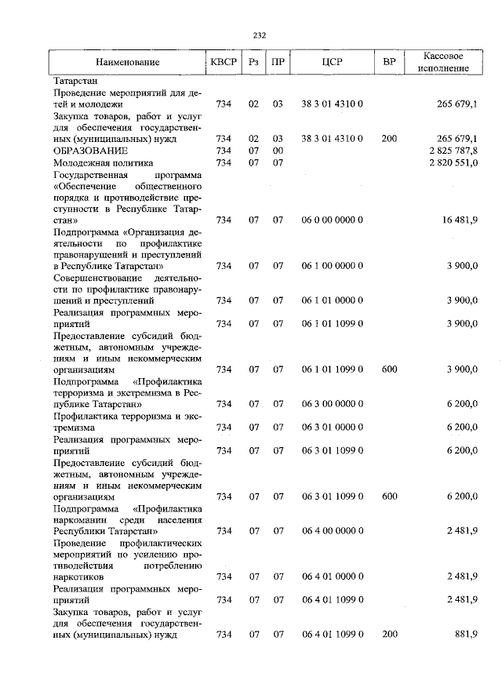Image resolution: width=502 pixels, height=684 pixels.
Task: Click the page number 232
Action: click(260, 35)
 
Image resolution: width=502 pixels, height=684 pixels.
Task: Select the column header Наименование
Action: click(128, 62)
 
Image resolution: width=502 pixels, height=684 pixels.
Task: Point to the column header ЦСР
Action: click(333, 62)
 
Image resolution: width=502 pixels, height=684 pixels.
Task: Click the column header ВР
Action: click(389, 62)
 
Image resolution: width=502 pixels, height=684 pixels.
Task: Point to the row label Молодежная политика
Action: click(100, 162)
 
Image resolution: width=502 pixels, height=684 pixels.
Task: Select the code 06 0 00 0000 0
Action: click(332, 220)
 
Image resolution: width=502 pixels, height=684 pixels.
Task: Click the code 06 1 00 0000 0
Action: click(332, 266)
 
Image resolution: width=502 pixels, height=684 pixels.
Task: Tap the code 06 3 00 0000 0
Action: click(332, 404)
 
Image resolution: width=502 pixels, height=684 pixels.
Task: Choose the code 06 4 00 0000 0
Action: click(332, 531)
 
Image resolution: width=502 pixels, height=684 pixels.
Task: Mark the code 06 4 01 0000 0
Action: click(332, 577)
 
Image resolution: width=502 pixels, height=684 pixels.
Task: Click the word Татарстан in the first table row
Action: click(75, 81)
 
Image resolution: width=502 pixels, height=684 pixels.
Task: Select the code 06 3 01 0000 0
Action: click(332, 427)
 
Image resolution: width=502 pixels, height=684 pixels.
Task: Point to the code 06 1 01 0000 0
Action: click(332, 300)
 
